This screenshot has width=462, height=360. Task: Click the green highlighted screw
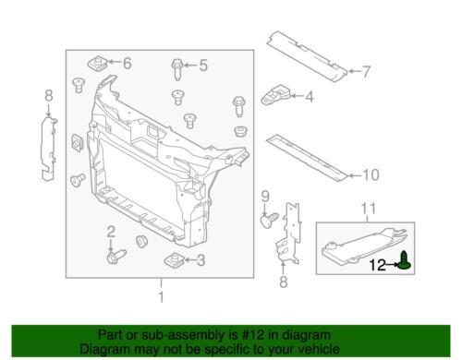405,260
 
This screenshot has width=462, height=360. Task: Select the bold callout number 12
378,265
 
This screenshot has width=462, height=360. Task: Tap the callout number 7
366,72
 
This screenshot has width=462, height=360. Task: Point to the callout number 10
371,175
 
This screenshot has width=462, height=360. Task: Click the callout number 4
310,97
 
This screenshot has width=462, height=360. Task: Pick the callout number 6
128,63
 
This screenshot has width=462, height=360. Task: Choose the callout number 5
203,66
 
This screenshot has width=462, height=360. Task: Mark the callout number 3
201,260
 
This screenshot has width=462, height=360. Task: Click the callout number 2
111,232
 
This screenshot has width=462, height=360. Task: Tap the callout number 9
265,196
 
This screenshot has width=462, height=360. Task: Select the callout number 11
368,209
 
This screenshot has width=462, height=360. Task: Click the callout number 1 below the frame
161,297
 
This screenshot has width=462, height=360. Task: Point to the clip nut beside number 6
97,64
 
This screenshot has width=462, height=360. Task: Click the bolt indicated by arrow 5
177,69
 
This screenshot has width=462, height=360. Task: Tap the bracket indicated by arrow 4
275,94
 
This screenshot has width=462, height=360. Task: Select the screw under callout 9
270,221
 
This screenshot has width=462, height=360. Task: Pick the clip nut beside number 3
174,259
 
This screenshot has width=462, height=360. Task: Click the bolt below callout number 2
116,257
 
